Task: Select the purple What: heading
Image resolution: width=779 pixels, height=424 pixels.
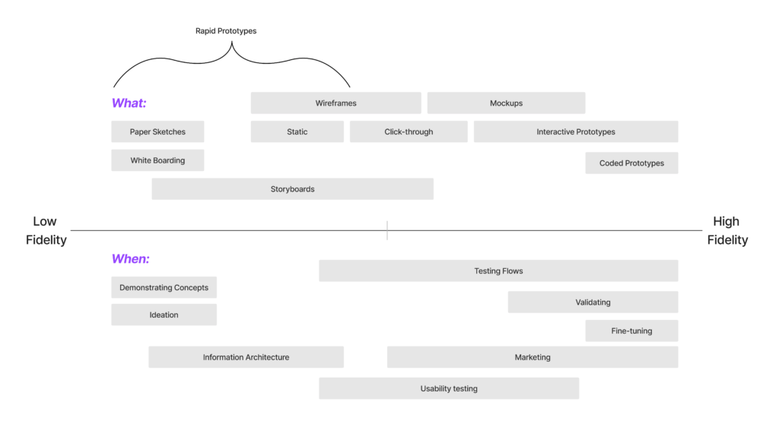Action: point(129,103)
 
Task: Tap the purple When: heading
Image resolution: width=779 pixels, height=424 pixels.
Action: point(130,259)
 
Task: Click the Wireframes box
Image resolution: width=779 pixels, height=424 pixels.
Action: point(335,103)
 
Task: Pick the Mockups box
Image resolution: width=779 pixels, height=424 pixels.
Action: point(506,103)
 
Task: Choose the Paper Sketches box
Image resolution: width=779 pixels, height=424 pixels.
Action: point(157,131)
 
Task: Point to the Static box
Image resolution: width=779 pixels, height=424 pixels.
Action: point(297,131)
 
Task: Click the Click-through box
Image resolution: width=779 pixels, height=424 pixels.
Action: point(409,131)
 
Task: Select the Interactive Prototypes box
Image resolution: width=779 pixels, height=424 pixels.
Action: point(576,131)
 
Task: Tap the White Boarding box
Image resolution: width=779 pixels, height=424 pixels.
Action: point(157,160)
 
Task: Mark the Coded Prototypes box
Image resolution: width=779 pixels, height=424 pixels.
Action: point(631,163)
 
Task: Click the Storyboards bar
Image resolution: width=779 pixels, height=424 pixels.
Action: point(292,189)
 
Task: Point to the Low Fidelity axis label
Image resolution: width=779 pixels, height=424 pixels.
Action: point(45,230)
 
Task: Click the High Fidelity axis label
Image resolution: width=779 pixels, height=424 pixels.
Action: point(727,230)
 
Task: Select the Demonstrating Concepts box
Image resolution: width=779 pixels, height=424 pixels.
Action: point(164,287)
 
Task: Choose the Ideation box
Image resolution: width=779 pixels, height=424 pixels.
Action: point(164,315)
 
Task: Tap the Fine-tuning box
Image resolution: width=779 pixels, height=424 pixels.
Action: point(631,331)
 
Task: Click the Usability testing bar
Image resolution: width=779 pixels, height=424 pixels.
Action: point(449,388)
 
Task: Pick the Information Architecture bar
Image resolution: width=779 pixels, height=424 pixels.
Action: point(246,357)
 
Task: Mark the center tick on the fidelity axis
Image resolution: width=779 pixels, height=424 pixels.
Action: point(387,230)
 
